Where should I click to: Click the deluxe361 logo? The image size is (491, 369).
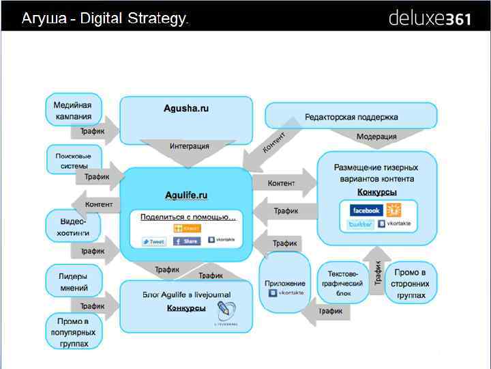point(429,18)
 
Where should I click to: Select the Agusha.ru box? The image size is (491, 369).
point(185,110)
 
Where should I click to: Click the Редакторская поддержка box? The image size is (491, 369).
point(351,116)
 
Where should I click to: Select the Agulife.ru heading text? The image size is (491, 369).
point(186,195)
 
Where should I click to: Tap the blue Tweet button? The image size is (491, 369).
point(153,241)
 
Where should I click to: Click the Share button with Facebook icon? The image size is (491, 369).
point(186,241)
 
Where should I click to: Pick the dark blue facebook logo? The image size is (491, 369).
point(366,210)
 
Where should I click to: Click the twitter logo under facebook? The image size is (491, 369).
point(361,224)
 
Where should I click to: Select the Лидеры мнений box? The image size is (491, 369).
point(73,280)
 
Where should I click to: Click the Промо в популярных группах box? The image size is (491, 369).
point(73,331)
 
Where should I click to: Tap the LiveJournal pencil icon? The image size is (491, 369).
point(224,312)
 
